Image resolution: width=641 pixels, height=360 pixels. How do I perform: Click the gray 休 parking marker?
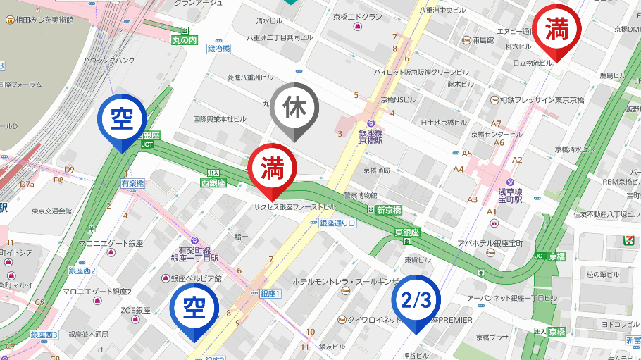click(294, 108)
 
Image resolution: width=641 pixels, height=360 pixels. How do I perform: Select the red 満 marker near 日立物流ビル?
click(556, 30)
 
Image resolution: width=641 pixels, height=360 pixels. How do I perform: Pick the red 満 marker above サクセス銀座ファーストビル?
click(271, 169)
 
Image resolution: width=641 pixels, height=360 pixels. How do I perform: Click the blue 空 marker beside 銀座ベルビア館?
click(194, 308)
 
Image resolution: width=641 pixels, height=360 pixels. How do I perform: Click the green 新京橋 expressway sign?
click(388, 210)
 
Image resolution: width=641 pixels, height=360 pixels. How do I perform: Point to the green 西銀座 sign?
click(213, 182)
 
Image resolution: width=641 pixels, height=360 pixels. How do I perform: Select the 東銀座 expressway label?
click(407, 232)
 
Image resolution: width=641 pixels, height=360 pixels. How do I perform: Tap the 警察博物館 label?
click(360, 195)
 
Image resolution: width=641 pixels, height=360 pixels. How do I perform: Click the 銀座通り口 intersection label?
click(338, 223)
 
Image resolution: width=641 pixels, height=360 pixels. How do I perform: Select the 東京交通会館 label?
click(51, 211)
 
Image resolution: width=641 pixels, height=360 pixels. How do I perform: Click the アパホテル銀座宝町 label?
click(490, 243)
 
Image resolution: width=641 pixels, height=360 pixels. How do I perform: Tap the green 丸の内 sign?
click(185, 40)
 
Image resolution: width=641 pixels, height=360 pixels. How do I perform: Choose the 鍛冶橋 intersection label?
click(218, 49)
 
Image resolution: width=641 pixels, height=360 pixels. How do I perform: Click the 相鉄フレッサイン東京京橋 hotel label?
click(542, 100)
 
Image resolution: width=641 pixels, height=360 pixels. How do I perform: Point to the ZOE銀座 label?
click(135, 310)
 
